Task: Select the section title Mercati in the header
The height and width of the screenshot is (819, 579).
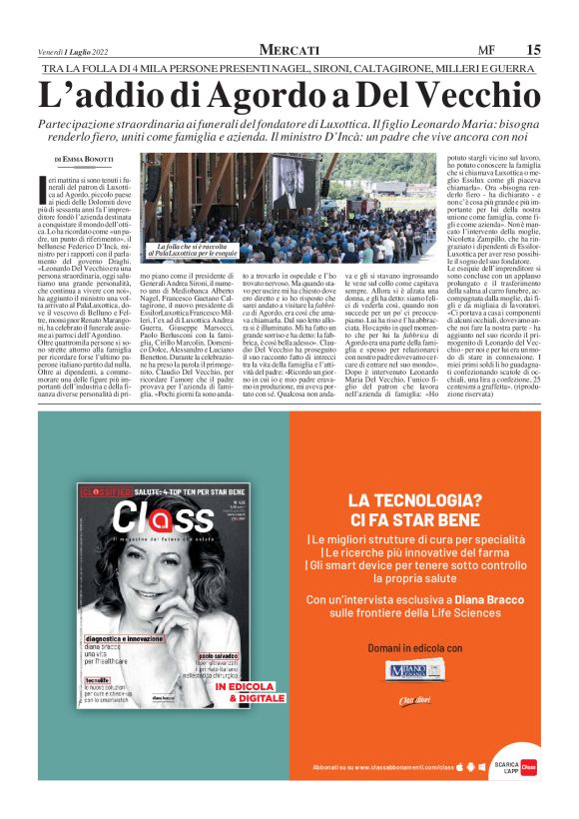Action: coord(289,49)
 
